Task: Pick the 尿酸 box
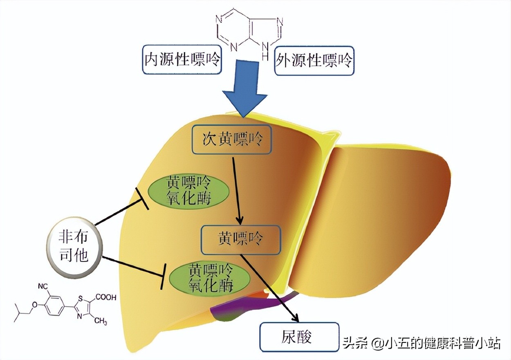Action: (x=300, y=337)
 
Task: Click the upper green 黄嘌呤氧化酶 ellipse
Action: (x=188, y=191)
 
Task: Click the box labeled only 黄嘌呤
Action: (x=240, y=239)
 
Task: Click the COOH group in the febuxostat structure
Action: (x=105, y=297)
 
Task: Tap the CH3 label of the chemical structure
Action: (x=101, y=321)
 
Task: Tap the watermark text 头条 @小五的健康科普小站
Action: (x=421, y=343)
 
